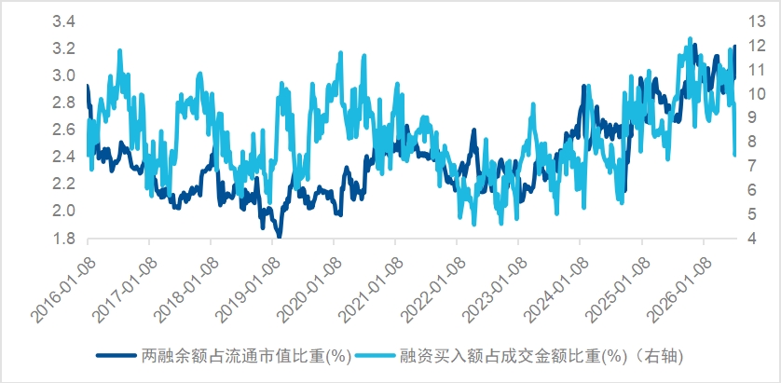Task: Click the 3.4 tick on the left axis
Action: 63,22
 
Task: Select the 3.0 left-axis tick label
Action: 63,76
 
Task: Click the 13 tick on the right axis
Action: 755,21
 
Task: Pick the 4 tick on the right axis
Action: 751,239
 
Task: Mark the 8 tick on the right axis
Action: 751,142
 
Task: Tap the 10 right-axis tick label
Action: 755,94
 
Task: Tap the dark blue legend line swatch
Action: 116,356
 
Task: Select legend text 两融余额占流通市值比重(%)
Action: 247,356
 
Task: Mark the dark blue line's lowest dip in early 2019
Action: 279,236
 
